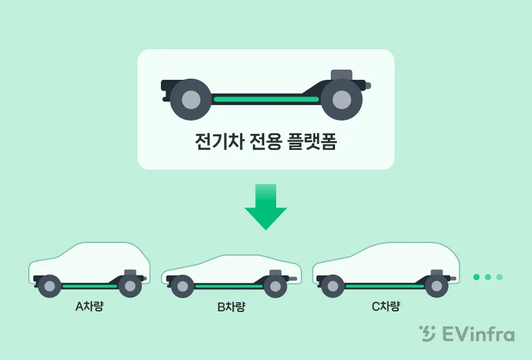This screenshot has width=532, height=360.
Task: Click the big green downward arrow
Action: pyautogui.click(x=265, y=208)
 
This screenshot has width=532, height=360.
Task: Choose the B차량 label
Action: pyautogui.click(x=231, y=307)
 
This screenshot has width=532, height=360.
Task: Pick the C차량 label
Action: pyautogui.click(x=385, y=306)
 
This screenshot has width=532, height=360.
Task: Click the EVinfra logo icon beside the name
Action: pyautogui.click(x=428, y=334)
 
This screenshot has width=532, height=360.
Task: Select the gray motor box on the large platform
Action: pyautogui.click(x=342, y=76)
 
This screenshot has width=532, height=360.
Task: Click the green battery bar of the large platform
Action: pyautogui.click(x=266, y=98)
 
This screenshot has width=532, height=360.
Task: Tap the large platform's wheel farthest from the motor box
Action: pyautogui.click(x=190, y=99)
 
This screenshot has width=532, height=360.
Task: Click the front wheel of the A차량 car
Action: pyautogui.click(x=129, y=286)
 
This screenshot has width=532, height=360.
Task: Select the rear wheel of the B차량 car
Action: pyautogui.click(x=182, y=287)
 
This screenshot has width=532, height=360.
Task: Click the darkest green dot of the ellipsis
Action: pyautogui.click(x=477, y=277)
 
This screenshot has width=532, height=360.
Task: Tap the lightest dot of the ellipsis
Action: pyautogui.click(x=499, y=277)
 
